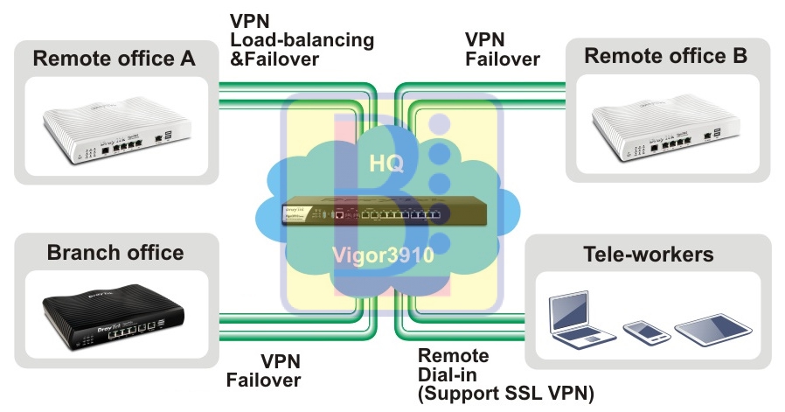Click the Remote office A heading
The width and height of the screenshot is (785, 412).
(x=114, y=60)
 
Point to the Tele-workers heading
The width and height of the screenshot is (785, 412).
(x=649, y=255)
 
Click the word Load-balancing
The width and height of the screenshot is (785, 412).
(x=302, y=40)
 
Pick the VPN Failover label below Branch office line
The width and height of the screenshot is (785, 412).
(x=264, y=370)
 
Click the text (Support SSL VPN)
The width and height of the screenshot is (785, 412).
(x=506, y=394)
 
